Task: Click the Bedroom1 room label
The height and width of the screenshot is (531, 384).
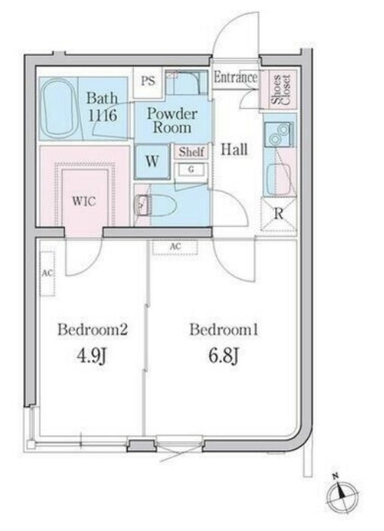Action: point(224,330)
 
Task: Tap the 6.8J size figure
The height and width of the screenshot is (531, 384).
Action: point(224,356)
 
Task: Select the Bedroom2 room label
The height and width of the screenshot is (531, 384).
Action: point(92,330)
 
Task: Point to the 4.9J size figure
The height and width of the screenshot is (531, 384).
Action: point(92,356)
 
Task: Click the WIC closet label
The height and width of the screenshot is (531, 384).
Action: point(84,201)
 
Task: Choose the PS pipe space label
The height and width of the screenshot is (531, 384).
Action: point(148,81)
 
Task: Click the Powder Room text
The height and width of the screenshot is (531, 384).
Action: point(172,120)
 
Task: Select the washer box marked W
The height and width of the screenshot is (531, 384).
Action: point(152,162)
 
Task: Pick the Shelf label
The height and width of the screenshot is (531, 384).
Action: point(191,152)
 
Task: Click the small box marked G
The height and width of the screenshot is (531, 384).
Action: point(190,169)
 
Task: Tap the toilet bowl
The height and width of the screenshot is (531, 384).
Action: point(163,204)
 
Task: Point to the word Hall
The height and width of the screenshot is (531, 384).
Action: point(234,149)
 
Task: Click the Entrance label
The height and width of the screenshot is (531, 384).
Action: point(236,78)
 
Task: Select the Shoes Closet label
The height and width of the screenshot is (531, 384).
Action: point(280,90)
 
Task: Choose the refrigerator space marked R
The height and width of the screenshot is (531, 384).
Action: point(278,214)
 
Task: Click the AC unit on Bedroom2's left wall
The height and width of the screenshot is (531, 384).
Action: point(48,274)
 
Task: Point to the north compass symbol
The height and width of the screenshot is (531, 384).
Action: point(342,495)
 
